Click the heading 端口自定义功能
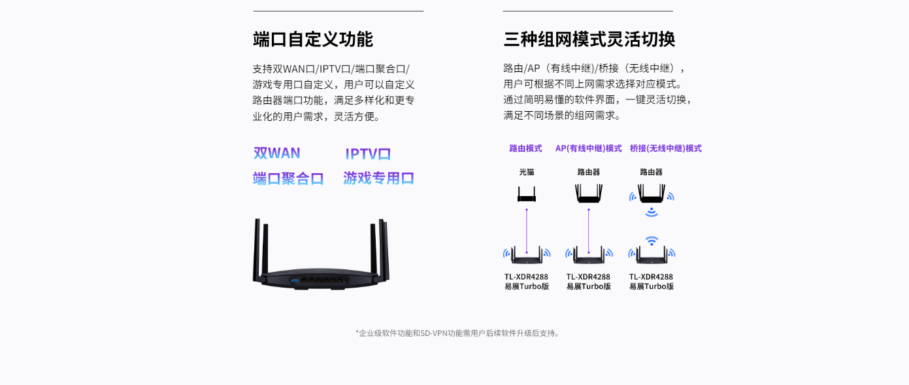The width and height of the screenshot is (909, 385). click(x=312, y=39)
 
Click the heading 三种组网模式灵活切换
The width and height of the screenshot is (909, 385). click(x=589, y=39)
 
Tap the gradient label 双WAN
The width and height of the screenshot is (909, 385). click(x=277, y=153)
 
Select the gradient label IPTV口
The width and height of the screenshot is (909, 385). click(x=368, y=154)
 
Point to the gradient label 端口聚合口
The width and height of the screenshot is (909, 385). click(x=288, y=178)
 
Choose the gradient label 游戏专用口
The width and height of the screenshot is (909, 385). click(x=378, y=178)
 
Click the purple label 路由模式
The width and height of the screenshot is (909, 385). click(x=525, y=148)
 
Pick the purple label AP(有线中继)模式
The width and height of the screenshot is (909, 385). click(x=588, y=148)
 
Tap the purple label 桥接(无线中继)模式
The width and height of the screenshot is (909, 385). click(x=665, y=148)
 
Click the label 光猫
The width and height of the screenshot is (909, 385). click(x=527, y=172)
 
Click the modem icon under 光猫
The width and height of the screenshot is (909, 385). click(x=527, y=194)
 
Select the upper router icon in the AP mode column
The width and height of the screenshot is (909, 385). click(x=589, y=193)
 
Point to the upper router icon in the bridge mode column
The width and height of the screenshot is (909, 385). click(x=652, y=193)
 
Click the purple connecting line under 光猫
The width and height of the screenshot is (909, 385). click(x=527, y=231)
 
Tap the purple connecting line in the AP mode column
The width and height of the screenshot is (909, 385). click(x=589, y=231)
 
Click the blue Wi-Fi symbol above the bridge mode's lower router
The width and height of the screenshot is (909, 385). click(x=652, y=241)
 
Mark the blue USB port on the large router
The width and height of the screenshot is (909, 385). click(x=295, y=280)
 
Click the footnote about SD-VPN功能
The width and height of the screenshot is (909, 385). click(x=457, y=333)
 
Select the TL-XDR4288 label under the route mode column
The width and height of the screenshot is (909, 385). click(x=526, y=277)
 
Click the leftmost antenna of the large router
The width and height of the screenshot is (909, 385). click(x=256, y=250)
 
